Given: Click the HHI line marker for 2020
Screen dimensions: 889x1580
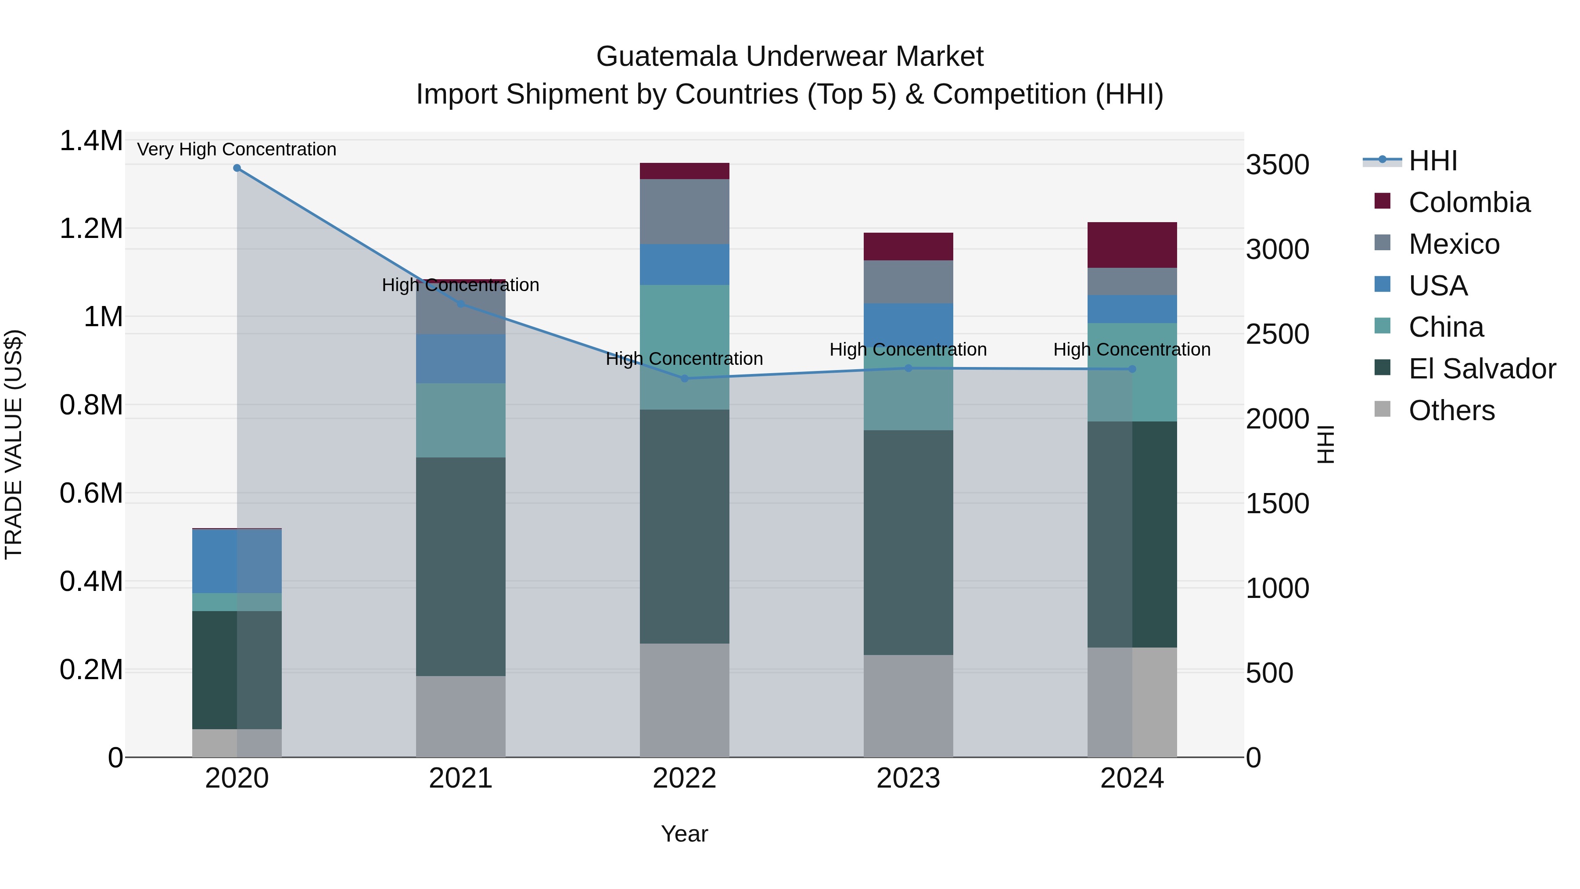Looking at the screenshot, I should click(x=237, y=168).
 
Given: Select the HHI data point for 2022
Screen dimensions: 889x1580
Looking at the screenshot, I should click(x=685, y=378).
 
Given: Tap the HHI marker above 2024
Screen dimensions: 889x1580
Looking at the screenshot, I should click(x=1132, y=369).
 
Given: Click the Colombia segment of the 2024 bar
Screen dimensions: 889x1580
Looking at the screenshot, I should click(x=1132, y=245).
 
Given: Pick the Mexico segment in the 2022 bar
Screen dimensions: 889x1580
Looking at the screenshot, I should click(x=685, y=212).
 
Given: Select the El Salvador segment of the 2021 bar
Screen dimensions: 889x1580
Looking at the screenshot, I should click(x=461, y=566).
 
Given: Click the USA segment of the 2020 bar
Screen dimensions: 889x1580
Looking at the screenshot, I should click(x=237, y=561).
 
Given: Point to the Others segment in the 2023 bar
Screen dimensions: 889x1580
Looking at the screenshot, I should click(x=908, y=705).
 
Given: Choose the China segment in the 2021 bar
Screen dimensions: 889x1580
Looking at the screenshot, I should click(x=461, y=420).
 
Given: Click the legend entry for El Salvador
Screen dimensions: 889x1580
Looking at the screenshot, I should click(x=1482, y=369).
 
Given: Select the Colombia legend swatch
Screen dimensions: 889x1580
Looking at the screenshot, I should click(x=1382, y=201).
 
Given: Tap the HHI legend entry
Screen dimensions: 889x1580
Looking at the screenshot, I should click(x=1433, y=161).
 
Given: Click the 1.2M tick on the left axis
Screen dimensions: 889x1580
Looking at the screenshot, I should click(x=91, y=229).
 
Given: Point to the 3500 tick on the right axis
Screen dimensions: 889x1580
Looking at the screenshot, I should click(x=1277, y=165).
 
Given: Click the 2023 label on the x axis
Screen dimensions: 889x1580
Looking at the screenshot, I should click(x=908, y=778).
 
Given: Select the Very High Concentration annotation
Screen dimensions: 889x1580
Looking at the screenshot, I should click(x=237, y=149).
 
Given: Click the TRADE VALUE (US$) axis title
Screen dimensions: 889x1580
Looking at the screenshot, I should click(x=14, y=444).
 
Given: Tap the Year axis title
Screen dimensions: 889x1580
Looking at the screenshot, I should click(x=685, y=834).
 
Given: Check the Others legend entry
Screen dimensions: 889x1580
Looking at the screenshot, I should click(x=1451, y=410).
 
